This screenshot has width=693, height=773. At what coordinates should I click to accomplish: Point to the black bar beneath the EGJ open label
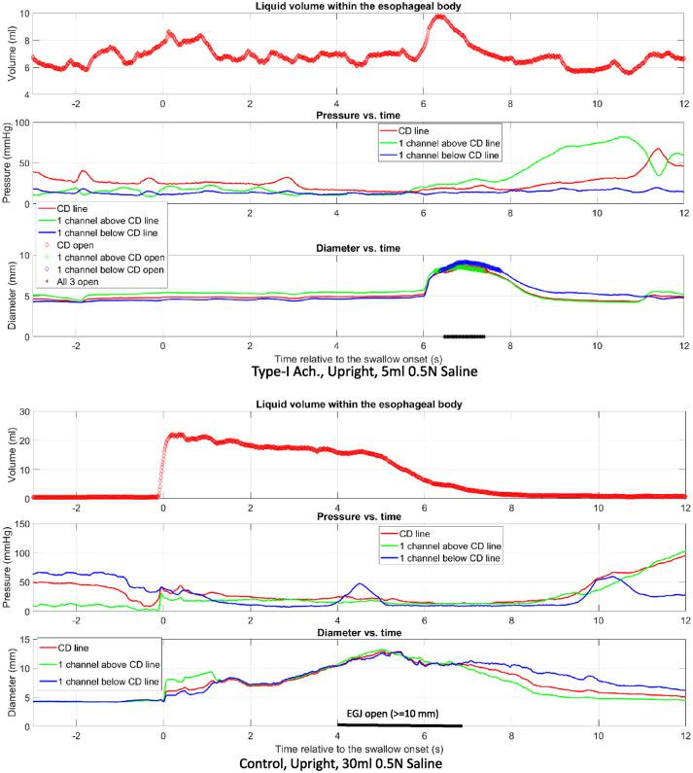pyautogui.click(x=399, y=724)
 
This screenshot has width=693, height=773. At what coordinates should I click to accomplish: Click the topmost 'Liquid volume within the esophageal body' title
pyautogui.click(x=357, y=7)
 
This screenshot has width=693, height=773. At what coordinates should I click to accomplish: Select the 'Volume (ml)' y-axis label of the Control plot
pyautogui.click(x=7, y=454)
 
